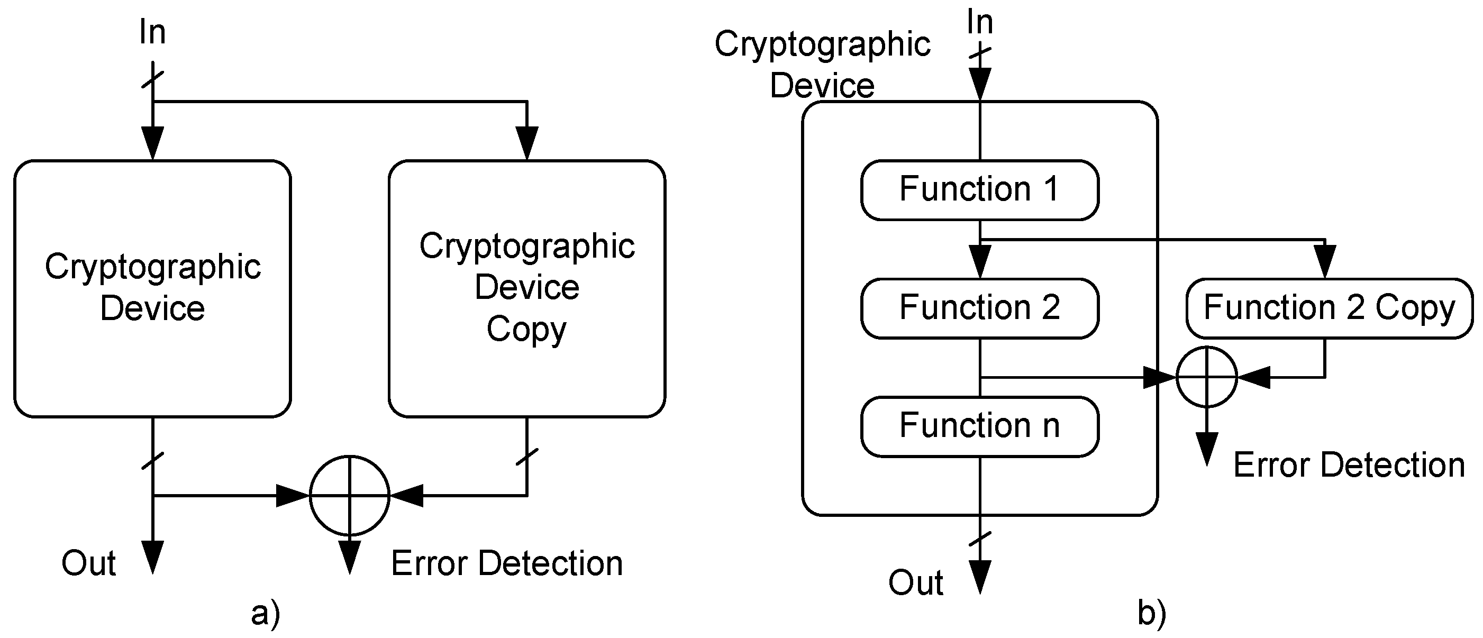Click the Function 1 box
(979, 190)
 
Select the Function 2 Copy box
(1329, 308)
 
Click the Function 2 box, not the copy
(979, 308)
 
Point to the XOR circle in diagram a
(349, 495)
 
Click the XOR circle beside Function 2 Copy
(1206, 377)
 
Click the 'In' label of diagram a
(152, 32)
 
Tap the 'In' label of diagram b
(979, 23)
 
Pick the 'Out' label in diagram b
(915, 583)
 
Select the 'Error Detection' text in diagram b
(1349, 464)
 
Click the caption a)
(266, 613)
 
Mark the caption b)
(1151, 613)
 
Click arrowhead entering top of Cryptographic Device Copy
(527, 143)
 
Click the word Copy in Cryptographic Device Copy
(527, 330)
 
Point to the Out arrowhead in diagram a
(152, 557)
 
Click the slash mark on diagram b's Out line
(979, 540)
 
